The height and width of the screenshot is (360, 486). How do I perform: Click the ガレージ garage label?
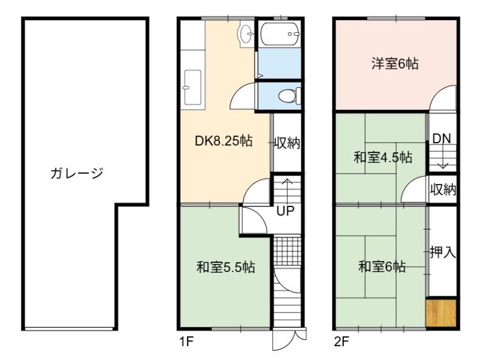77,173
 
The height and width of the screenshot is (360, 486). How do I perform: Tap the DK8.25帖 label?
224,141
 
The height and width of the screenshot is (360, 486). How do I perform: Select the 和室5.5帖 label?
225,267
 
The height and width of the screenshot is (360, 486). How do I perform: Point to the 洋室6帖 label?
395,64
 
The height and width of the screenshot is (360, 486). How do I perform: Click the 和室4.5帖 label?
383,157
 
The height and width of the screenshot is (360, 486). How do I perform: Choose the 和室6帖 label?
382,267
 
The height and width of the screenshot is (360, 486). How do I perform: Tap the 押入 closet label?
443,252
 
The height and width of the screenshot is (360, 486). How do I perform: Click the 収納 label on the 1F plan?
287,143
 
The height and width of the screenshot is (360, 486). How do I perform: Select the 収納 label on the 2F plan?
443,189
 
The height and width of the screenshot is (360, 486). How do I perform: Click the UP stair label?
285,211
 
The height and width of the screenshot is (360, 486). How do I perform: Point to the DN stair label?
442,138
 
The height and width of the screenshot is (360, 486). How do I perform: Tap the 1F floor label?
187,342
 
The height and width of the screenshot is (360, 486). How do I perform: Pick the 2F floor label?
341,342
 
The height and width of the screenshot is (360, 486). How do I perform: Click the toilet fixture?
290,96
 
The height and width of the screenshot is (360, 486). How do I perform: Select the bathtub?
280,34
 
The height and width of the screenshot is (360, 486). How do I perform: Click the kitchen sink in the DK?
193,87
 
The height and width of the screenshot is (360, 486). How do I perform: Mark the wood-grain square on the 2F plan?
441,313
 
